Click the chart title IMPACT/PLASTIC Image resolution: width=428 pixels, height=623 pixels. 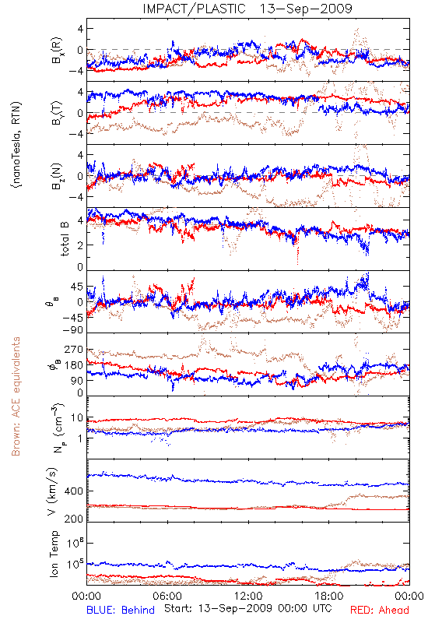(194, 9)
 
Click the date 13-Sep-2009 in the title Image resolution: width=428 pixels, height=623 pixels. (306, 9)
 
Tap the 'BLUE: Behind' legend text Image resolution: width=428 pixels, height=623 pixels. (121, 610)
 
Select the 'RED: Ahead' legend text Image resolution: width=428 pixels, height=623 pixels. (379, 610)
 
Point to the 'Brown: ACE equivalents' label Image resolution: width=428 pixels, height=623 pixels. (16, 396)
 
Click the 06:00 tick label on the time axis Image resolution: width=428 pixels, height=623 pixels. (167, 596)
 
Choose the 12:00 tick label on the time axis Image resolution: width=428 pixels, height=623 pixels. (248, 596)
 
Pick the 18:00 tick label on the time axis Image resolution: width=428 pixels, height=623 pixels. (329, 596)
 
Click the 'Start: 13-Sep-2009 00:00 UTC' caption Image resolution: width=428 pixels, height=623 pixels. (248, 608)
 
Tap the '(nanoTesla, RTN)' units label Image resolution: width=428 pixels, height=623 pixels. (16, 145)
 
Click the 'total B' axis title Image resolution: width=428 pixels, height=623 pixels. (65, 239)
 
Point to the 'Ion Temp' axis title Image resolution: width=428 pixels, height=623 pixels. (54, 554)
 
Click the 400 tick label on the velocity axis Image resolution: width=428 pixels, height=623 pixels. (73, 491)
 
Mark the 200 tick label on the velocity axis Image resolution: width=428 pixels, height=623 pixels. (73, 519)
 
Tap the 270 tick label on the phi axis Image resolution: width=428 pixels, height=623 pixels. (73, 349)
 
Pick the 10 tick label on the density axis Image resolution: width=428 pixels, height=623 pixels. (77, 418)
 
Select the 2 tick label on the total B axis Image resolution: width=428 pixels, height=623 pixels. (80, 245)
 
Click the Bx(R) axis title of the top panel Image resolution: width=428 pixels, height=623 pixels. (56, 50)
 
